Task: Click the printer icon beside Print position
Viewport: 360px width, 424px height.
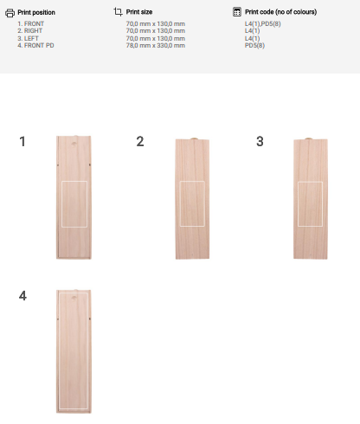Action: click(10, 13)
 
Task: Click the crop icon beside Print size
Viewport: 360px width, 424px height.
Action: click(118, 12)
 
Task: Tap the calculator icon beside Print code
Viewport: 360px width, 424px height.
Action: click(237, 12)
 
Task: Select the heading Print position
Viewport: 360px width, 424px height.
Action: click(36, 12)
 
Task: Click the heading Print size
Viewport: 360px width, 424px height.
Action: click(139, 12)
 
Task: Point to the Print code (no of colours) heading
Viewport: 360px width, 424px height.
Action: click(281, 12)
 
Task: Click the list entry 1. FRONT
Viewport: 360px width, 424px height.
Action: click(31, 23)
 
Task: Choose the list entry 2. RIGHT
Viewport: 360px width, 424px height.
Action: click(30, 30)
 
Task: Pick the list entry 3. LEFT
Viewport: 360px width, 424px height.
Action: click(28, 38)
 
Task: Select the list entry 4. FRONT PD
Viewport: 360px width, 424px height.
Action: click(35, 45)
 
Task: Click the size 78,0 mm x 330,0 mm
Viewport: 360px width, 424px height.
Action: click(156, 45)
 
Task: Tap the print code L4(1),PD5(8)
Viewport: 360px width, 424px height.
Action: click(263, 23)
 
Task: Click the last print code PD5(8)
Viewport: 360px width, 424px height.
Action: click(254, 45)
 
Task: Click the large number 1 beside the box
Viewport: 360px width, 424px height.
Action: click(22, 142)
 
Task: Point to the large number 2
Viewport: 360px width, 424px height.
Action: click(140, 142)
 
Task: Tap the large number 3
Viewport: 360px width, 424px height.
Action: click(260, 142)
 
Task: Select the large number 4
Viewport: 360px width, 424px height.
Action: click(22, 296)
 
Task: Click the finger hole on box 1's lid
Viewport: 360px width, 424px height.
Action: click(74, 144)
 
